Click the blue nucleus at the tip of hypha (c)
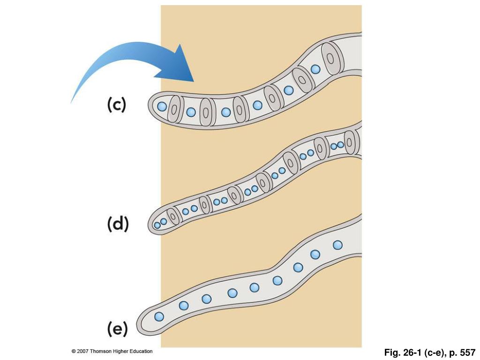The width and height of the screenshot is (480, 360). (x=162, y=106)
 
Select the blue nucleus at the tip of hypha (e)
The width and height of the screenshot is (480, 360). (x=159, y=316)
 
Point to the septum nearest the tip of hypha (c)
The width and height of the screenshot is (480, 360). (x=174, y=111)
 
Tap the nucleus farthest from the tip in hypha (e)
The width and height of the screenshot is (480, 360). (x=337, y=245)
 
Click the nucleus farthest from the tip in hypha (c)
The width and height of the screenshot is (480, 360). (x=315, y=69)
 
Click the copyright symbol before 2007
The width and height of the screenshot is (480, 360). (x=74, y=351)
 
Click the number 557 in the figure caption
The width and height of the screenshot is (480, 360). (x=467, y=352)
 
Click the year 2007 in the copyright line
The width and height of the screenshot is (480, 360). (x=82, y=351)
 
